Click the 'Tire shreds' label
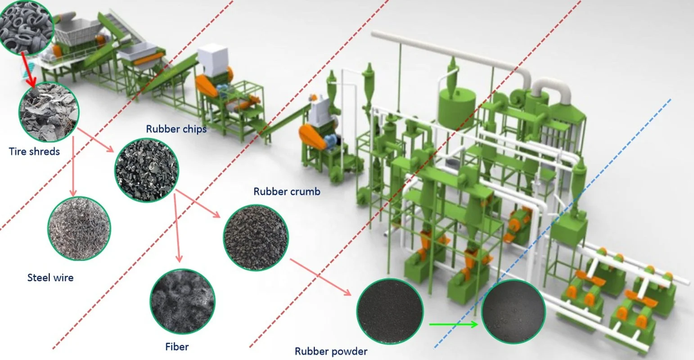point(34,151)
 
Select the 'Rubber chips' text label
point(176,129)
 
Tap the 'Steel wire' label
point(50,278)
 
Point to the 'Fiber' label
point(177,346)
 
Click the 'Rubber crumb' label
point(287,191)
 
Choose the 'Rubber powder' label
point(331,351)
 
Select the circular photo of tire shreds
point(49,110)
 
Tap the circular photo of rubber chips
point(147,169)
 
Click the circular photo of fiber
point(182,300)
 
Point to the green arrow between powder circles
point(452,324)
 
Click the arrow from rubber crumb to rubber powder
point(320,277)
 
